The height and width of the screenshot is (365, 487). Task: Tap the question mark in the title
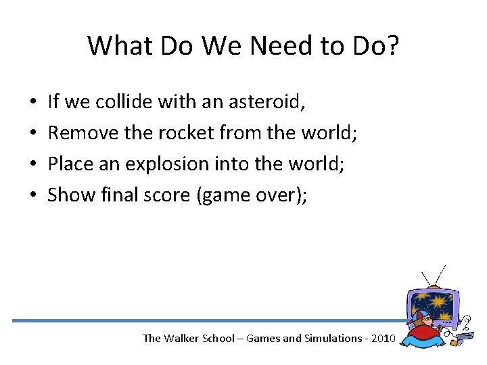(x=392, y=46)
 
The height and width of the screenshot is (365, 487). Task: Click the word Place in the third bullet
(x=70, y=164)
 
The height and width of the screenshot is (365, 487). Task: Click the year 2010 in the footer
(x=381, y=338)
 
